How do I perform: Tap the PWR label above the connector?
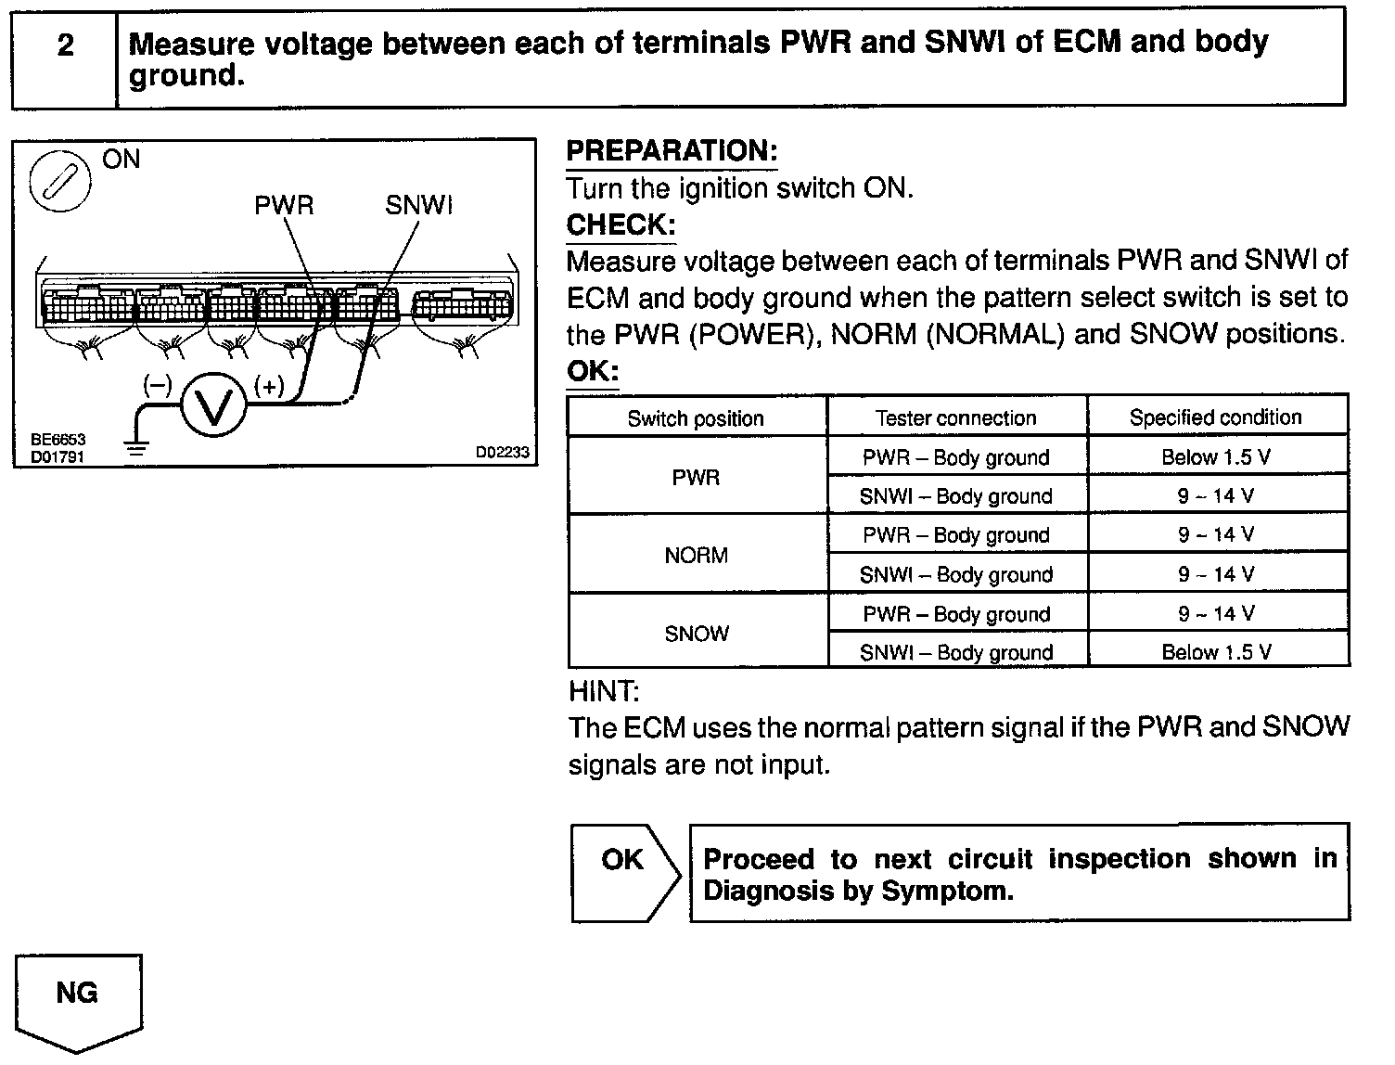[284, 205]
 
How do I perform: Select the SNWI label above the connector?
[418, 205]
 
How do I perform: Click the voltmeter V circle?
[213, 407]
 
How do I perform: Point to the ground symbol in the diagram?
[136, 448]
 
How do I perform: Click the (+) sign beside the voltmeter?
[269, 386]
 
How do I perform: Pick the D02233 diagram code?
[502, 452]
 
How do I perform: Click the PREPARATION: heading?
[672, 151]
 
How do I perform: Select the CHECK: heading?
[621, 225]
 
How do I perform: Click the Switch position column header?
[696, 418]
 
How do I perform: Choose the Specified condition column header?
[1215, 417]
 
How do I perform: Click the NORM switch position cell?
[696, 556]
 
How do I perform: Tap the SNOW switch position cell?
[696, 634]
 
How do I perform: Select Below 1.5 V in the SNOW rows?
[1216, 652]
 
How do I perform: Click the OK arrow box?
[623, 872]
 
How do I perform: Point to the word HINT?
[603, 691]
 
